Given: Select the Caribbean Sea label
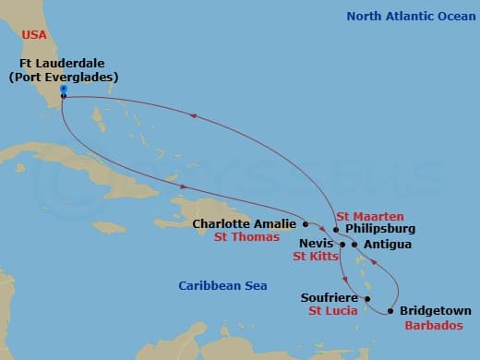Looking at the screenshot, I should click(x=222, y=287).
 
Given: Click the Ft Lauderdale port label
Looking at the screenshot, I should click(x=63, y=70).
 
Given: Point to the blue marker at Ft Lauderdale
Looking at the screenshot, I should click(x=63, y=89).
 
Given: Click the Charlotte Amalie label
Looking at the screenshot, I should click(x=245, y=223).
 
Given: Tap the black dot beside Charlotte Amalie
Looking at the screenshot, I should click(x=305, y=223).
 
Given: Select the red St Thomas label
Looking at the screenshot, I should click(x=246, y=237).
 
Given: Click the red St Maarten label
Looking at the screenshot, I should click(x=369, y=215).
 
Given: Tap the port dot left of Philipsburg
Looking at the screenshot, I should click(x=336, y=229).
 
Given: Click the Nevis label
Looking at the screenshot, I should click(x=316, y=244).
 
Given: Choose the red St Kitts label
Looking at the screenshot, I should click(x=316, y=257).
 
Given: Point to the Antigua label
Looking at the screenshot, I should click(x=388, y=245).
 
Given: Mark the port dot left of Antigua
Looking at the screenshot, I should click(x=354, y=245).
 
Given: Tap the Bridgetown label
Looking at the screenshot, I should click(x=436, y=311).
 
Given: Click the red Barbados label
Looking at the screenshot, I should click(x=433, y=325).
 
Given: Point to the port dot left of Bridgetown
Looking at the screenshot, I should click(x=391, y=312).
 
